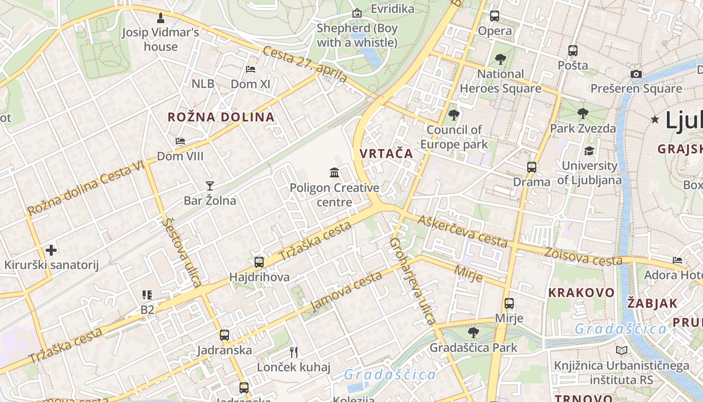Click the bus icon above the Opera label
pos(495,16)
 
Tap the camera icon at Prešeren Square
pos(636,74)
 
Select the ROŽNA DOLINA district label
pos(221,117)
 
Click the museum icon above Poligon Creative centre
pos(334,173)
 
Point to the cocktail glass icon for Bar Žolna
pos(209,186)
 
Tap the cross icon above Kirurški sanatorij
pos(51,250)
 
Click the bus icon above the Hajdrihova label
pos(259,262)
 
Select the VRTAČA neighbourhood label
pos(386,154)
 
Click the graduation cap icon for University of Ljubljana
pos(589,151)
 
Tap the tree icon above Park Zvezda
pos(582,114)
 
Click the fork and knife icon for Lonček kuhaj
pos(294,352)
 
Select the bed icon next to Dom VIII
pos(180,141)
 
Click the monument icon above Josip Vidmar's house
pos(161,18)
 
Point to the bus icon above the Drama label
pos(531,167)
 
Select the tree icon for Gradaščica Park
pos(473,332)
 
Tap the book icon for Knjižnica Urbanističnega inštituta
pos(622,351)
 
